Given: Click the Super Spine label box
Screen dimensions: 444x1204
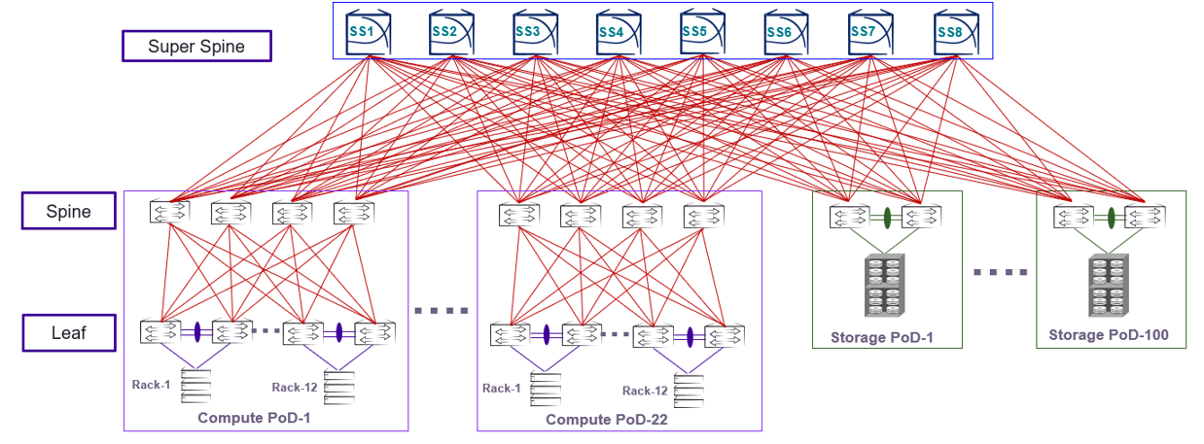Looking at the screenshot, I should [196, 46].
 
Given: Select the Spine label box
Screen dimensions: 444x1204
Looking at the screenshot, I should [70, 211].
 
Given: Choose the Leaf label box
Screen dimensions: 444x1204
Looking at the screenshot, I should [69, 333].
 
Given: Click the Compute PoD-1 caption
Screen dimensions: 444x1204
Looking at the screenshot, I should [258, 419].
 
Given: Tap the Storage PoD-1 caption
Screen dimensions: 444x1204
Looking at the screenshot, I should [882, 338].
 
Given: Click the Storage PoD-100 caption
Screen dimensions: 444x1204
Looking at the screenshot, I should [1109, 336].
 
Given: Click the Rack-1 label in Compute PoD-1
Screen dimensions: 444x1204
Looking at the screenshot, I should [152, 385].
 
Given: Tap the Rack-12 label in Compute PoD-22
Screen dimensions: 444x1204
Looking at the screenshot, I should [646, 391].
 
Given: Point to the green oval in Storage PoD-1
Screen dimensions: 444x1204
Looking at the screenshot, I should [887, 217].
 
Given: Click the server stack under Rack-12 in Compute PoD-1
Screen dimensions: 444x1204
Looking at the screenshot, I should [337, 387].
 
